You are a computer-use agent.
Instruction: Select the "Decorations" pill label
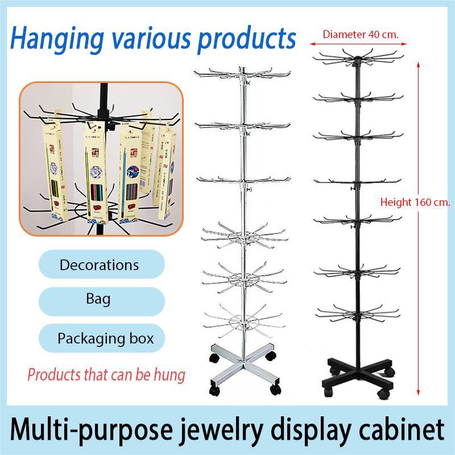[99, 265]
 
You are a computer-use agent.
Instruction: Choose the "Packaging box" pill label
[105, 338]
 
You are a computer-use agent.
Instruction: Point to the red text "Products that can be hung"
[106, 375]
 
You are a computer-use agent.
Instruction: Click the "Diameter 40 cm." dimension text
[361, 35]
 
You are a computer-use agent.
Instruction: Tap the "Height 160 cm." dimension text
[415, 202]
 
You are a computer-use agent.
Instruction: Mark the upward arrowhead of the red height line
[419, 64]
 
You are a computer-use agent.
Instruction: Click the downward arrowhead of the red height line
[419, 391]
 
